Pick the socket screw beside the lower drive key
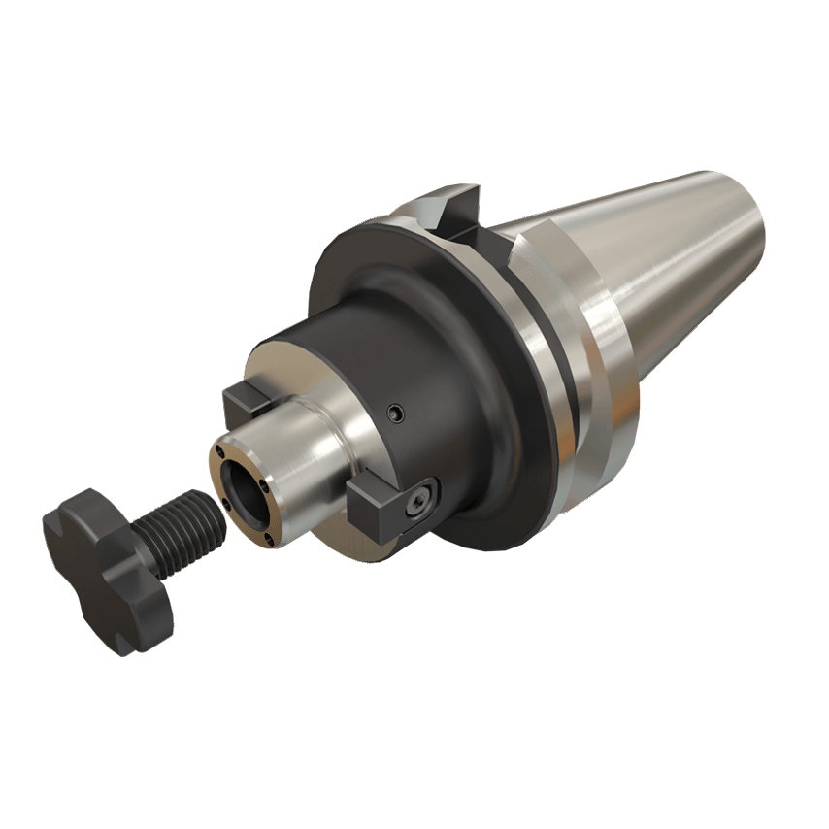(x=419, y=501)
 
